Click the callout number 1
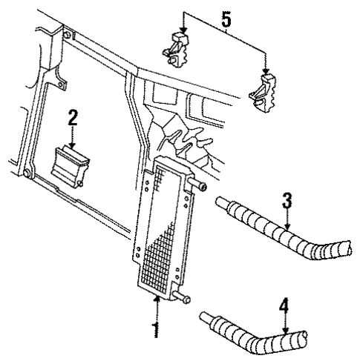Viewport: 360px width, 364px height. tap(156, 328)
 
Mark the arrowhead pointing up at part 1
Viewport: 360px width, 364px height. tap(156, 299)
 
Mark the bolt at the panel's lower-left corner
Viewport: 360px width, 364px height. tap(27, 173)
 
